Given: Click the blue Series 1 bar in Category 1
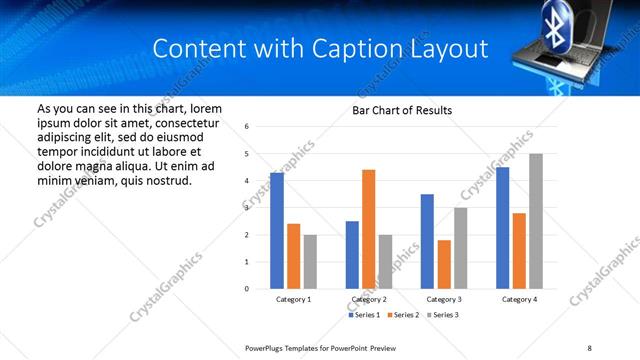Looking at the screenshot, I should click(x=277, y=231).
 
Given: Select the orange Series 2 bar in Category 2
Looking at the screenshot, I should click(x=369, y=229).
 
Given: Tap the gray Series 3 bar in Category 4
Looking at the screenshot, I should click(x=536, y=221).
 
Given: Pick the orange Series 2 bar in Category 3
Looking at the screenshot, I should click(x=444, y=264).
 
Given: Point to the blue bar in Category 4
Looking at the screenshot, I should click(x=502, y=228).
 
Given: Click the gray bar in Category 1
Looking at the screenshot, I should click(x=310, y=262).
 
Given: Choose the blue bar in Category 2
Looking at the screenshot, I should click(x=352, y=255).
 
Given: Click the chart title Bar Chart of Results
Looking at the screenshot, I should click(x=402, y=110).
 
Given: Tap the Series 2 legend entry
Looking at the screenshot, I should click(x=404, y=315).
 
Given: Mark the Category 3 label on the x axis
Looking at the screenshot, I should click(x=444, y=299).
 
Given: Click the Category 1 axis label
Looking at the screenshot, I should click(x=294, y=299).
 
